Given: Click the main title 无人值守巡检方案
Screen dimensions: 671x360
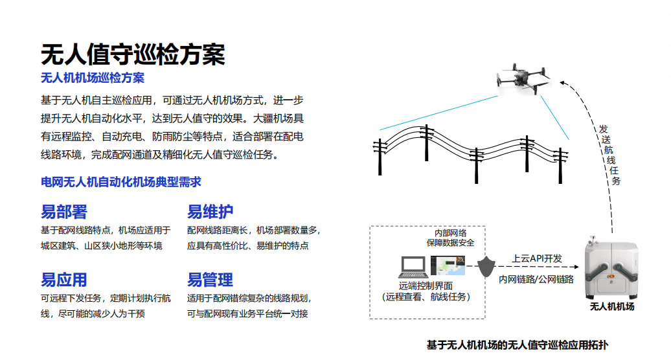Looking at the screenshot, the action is [133, 54].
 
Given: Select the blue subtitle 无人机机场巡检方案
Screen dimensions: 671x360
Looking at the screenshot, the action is [93, 78].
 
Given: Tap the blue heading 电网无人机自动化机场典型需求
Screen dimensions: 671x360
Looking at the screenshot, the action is [120, 182].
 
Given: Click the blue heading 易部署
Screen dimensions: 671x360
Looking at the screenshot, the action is [63, 212].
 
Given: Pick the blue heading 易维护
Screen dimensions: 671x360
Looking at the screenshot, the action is [210, 212].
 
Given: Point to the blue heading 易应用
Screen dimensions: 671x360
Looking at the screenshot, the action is [63, 280].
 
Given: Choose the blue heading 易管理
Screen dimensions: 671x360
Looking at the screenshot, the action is [210, 280].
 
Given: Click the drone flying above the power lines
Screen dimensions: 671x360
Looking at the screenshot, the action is [523, 79].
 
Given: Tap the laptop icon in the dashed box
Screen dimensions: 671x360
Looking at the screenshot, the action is [413, 267].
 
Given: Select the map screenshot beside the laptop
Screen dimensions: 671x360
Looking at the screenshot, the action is [448, 265].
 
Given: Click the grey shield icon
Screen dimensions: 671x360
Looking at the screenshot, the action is [486, 267].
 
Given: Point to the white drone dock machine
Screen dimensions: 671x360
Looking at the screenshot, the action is [611, 269].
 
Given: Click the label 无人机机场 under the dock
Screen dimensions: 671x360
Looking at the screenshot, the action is [612, 306].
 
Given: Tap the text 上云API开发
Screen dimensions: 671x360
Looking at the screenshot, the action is [537, 259].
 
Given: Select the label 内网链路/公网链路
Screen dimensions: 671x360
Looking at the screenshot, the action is [536, 279].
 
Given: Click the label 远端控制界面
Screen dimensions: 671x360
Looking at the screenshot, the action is [426, 286].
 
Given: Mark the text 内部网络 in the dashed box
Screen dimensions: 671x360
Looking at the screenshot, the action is [450, 233].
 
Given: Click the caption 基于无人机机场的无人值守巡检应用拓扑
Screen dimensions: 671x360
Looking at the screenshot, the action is [517, 345].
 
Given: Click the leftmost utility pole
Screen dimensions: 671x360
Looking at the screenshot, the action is [380, 157].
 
